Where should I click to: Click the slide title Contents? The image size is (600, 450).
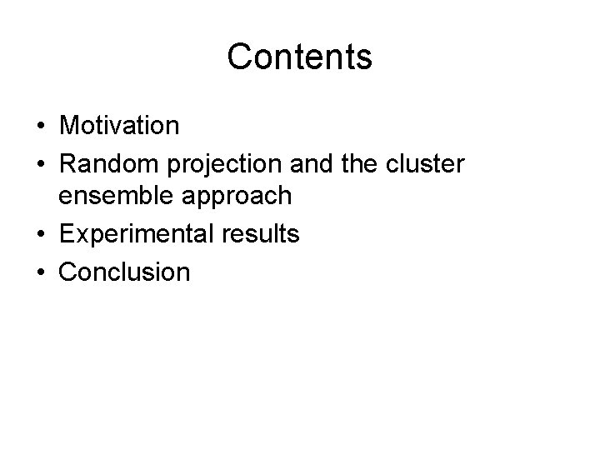[x=299, y=57]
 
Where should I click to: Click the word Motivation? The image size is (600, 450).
[x=118, y=126]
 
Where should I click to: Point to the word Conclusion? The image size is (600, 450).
[x=124, y=271]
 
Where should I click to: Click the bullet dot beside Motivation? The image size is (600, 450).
[x=40, y=127]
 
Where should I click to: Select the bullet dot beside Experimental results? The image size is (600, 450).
[x=40, y=234]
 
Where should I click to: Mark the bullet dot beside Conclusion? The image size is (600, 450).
[x=40, y=271]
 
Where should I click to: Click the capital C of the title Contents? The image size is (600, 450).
[x=239, y=57]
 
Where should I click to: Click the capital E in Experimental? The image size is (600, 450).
[x=66, y=233]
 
